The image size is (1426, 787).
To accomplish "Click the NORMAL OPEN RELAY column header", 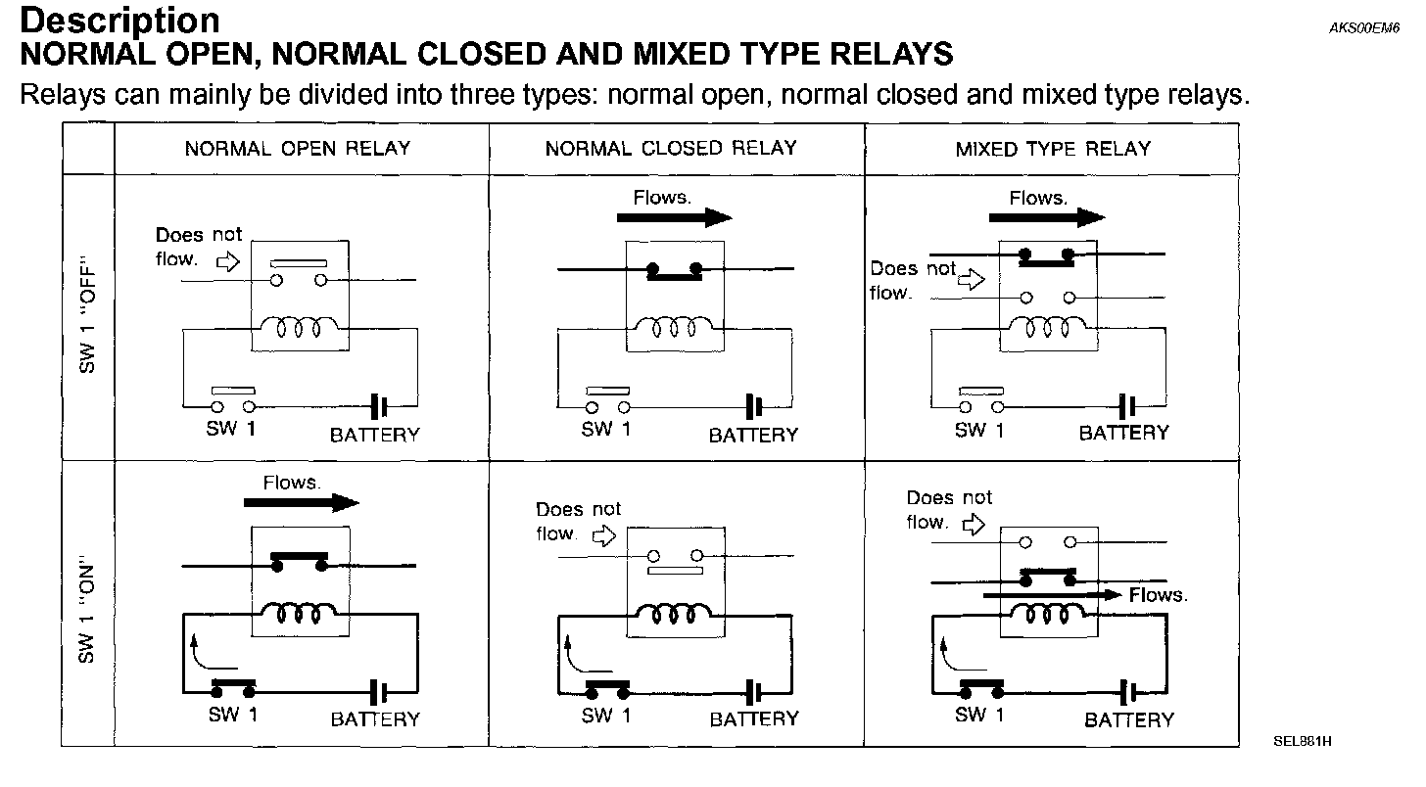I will pos(298,149).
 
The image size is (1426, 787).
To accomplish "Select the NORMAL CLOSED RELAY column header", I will pos(671,149).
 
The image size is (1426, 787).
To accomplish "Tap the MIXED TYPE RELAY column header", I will pos(1053,149).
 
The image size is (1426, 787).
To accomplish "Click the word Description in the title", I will pos(120,21).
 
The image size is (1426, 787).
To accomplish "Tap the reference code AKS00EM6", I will pos(1364,28).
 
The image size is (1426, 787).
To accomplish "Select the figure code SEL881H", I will pos(1302,741).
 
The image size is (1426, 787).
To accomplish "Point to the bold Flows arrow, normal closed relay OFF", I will pos(675,217).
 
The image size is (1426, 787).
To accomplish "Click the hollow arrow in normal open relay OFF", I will pos(227,262).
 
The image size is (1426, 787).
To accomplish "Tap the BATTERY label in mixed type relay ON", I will pos(1128,719).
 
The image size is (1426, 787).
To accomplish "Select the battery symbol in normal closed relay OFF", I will pos(754,404).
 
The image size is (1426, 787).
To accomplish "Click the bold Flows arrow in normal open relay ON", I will pos(302,502).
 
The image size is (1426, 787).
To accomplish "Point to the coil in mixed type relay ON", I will pos(1049,614).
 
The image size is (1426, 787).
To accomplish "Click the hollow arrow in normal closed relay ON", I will pos(604,535).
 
